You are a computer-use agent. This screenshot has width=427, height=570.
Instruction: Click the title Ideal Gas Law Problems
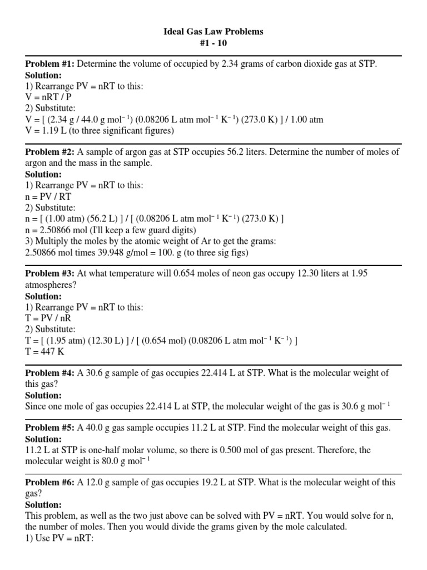[x=213, y=32]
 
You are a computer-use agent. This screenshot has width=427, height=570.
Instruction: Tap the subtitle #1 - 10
[x=213, y=43]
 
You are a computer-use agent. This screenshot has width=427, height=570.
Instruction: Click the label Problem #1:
[x=50, y=64]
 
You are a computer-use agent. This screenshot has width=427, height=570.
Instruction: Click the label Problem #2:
[x=50, y=152]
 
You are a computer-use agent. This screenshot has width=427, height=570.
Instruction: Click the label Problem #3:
[x=50, y=273]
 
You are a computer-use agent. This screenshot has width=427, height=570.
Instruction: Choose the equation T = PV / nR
[x=48, y=318]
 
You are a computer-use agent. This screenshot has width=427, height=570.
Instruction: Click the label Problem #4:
[x=50, y=372]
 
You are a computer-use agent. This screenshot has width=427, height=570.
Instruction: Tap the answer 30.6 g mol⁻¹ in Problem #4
[x=358, y=406]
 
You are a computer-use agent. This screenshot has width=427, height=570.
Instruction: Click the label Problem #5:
[x=50, y=427]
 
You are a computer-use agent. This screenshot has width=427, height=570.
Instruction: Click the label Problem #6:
[x=50, y=482]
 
